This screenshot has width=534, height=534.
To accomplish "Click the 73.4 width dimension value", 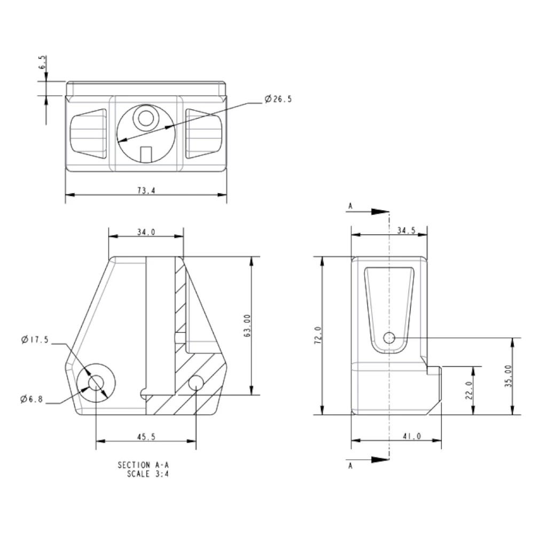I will (146, 191).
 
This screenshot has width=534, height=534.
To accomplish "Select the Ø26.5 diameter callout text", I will (278, 99).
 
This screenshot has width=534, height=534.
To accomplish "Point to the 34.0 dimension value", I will (146, 232).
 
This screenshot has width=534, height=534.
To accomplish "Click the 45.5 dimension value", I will (146, 436).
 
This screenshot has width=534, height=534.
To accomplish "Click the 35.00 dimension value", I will (508, 375).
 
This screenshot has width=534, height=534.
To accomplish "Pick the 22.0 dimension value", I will (469, 390).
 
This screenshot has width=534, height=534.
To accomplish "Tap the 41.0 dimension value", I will (411, 436).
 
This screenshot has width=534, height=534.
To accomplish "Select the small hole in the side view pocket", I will (389, 337).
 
